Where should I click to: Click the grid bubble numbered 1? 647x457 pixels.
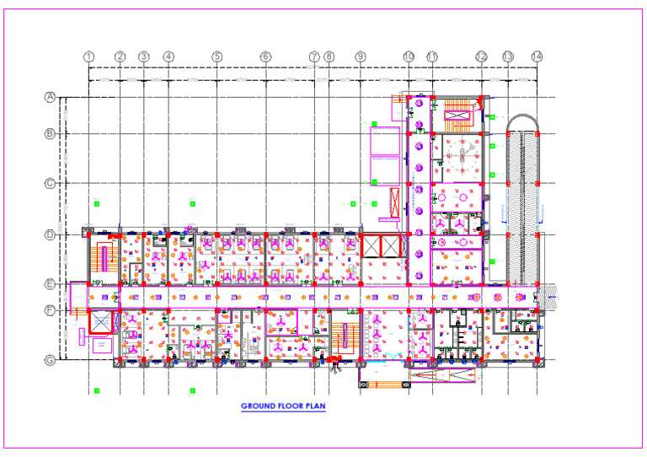(x=88, y=56)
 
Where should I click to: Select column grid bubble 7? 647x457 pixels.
(x=314, y=56)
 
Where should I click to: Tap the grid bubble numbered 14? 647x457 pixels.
(x=537, y=56)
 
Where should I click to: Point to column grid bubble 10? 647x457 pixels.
(x=409, y=56)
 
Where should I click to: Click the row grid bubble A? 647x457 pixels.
(x=50, y=97)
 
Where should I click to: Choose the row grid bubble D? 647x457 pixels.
(x=50, y=234)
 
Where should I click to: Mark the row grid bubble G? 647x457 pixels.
(x=50, y=360)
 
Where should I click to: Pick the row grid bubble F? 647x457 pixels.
(x=50, y=310)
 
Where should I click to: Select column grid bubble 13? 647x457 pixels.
(x=507, y=56)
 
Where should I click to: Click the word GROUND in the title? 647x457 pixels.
(x=257, y=406)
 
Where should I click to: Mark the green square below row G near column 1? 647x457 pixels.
(x=97, y=390)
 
